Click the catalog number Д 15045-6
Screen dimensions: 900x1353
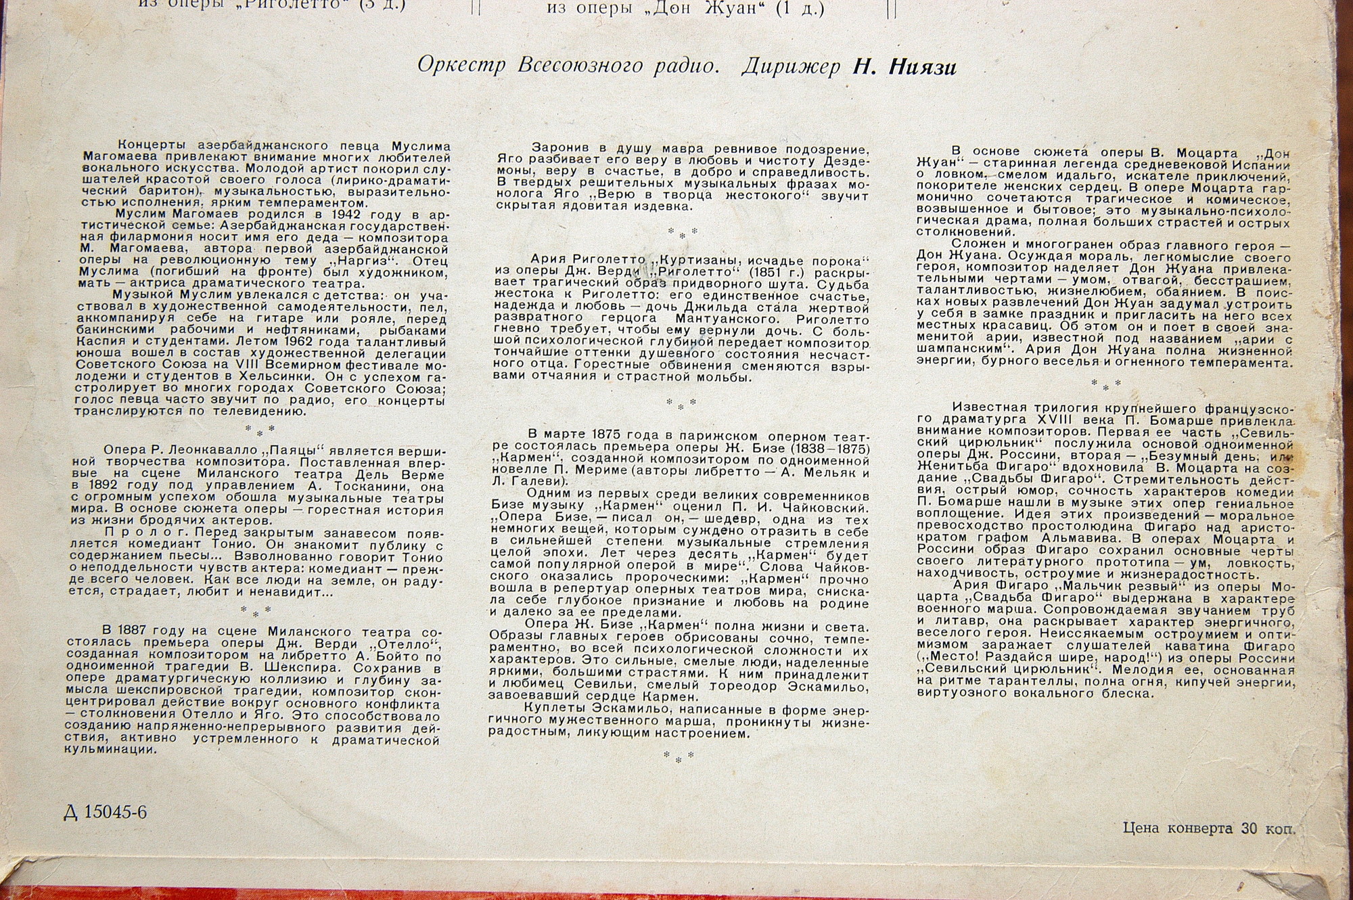105,812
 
